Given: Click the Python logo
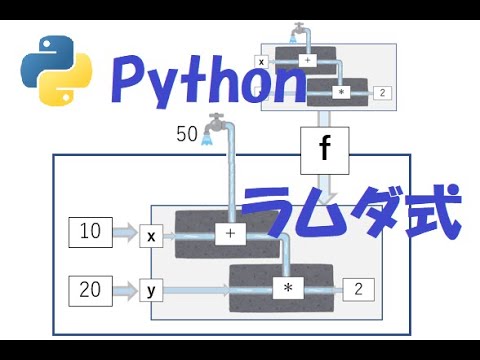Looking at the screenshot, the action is [56, 71].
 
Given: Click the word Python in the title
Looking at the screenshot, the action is [209, 81].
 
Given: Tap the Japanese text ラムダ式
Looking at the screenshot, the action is [352, 213].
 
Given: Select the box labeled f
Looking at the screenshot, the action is [325, 151].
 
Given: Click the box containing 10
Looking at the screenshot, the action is [90, 232].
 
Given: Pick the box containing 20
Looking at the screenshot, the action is [90, 291].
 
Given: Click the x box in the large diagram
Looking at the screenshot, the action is [151, 236].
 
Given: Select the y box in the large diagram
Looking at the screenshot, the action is [151, 290].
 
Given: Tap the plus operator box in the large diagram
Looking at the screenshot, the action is [230, 234].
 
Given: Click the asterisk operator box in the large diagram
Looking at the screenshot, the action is [288, 288].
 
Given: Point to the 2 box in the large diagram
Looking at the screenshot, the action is [359, 289].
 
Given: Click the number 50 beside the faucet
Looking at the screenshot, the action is [187, 134].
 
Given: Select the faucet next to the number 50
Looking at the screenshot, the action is [214, 129].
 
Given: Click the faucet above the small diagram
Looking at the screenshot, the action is [299, 33].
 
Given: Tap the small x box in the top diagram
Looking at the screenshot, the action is [261, 62].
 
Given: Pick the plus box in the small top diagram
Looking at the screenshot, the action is [307, 60].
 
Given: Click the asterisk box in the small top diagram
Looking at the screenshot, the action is [341, 92].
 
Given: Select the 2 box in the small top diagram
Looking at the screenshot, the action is [382, 93].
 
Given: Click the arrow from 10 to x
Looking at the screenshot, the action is [126, 232].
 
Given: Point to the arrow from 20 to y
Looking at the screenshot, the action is [126, 290].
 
